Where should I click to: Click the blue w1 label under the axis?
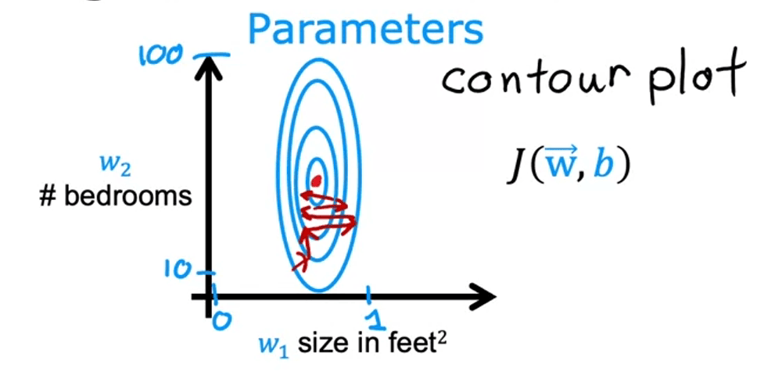point(273,344)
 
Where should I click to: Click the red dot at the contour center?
point(316,182)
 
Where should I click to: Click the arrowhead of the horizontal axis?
point(485,296)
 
